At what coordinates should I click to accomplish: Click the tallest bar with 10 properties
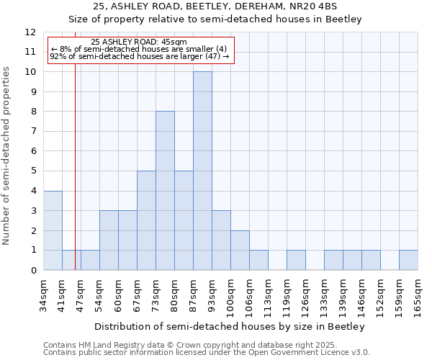202,171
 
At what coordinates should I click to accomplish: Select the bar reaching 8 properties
165,191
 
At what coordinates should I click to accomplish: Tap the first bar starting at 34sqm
53,230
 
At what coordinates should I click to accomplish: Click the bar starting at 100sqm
240,250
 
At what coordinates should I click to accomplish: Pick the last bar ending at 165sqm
408,260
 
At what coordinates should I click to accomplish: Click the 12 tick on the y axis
30,32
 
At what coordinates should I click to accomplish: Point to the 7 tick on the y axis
33,132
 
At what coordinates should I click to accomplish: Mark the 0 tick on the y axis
33,270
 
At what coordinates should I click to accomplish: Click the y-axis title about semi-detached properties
7,156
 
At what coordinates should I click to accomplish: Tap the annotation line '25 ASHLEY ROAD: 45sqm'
140,42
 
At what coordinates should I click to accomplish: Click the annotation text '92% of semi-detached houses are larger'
139,56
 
